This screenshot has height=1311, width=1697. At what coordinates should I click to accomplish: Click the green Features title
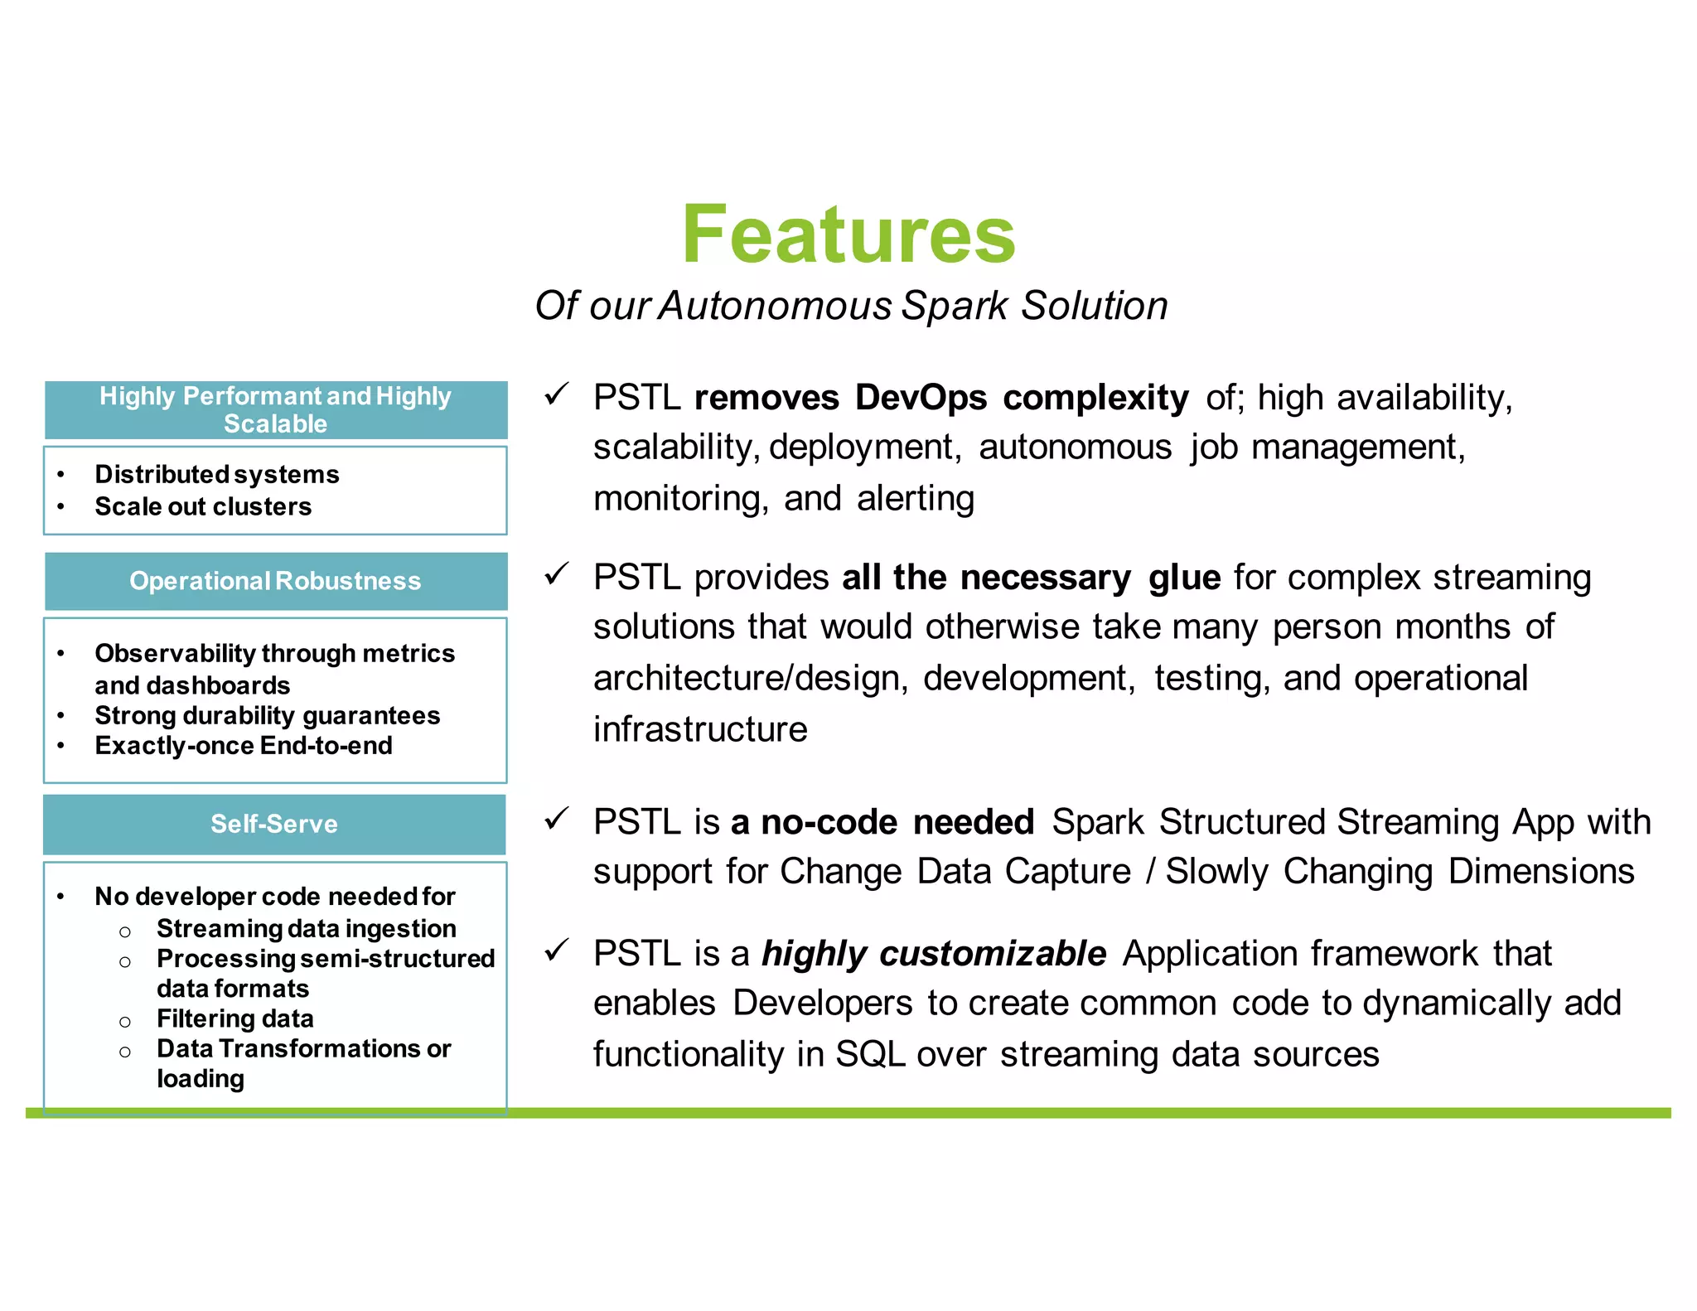point(848,235)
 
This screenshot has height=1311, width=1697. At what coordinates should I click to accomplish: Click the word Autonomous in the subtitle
point(775,305)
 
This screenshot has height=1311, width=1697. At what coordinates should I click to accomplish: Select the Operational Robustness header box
point(275,581)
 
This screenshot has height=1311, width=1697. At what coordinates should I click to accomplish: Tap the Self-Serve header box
point(274,824)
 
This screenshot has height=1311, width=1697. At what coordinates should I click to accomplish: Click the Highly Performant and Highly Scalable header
point(275,409)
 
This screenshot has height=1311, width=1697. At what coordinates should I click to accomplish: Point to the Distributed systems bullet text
point(217,474)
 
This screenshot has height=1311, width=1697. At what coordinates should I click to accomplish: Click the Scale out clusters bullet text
point(203,506)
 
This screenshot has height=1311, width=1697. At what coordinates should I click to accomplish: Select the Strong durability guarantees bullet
point(267,715)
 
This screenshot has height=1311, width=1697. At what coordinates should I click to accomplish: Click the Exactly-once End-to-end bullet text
point(244,745)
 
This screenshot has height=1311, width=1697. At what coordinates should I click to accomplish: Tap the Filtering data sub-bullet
point(235,1018)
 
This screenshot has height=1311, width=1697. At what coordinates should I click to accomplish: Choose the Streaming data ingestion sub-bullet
point(307,928)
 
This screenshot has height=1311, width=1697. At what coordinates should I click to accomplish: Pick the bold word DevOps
point(921,398)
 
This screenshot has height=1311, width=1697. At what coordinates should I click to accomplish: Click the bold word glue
point(1184,578)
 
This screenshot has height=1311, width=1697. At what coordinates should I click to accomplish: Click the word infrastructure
point(700,729)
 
